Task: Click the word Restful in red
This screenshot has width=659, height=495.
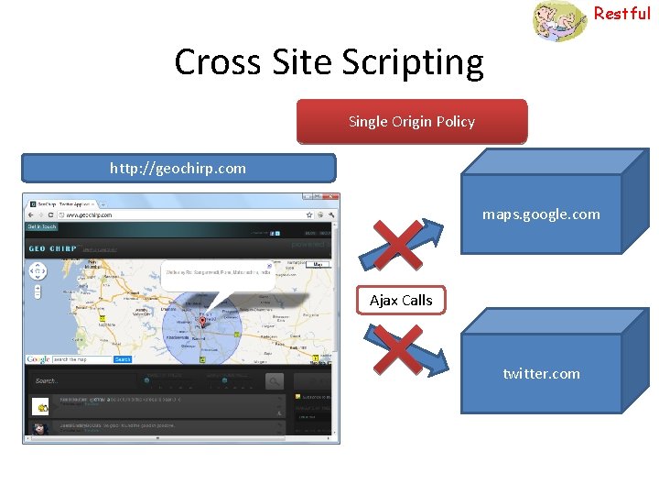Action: [x=621, y=13]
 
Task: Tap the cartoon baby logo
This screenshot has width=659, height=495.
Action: [x=560, y=21]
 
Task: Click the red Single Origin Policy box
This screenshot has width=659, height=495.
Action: [x=412, y=122]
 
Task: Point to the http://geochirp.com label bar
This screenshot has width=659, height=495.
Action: [x=178, y=168]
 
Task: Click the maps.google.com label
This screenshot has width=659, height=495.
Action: [x=541, y=214]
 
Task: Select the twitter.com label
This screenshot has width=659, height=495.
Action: [x=541, y=373]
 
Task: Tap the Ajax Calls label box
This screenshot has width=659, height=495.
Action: [x=401, y=300]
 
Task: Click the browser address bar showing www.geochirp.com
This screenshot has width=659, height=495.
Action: [x=137, y=214]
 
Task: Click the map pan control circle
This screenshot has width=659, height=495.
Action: [x=38, y=271]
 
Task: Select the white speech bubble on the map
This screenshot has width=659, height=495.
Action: [x=218, y=274]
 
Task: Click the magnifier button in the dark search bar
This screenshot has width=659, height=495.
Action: [x=275, y=380]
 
